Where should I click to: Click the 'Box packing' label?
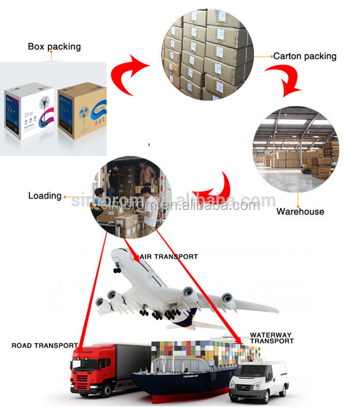pos(54,46)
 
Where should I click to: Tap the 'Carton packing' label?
pos(305,56)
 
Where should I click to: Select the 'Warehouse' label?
pos(300,211)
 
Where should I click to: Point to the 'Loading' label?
pos(44,196)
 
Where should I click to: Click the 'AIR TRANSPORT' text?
pos(168,257)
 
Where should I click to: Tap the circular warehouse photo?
pos(294,152)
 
